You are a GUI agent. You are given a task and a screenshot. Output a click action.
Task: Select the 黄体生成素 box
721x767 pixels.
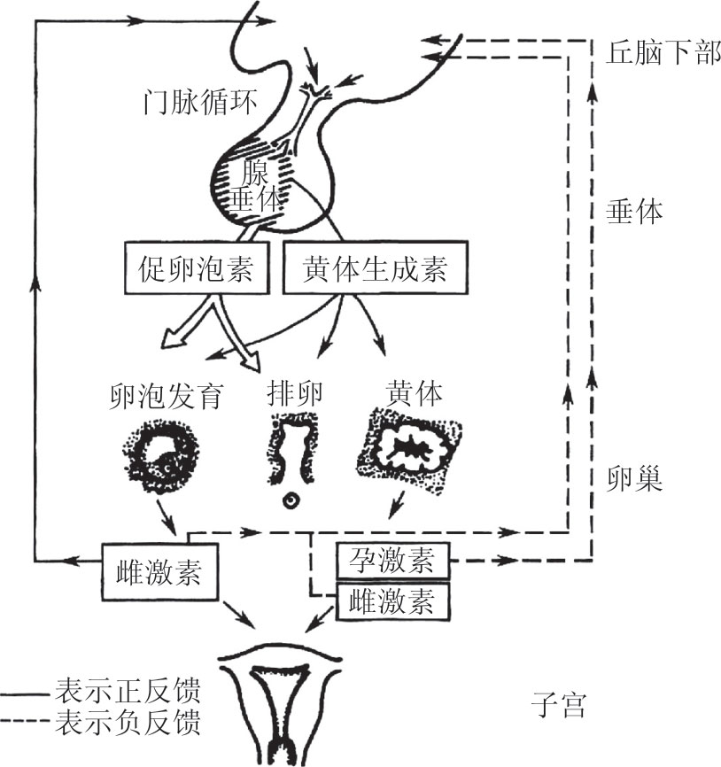(x=374, y=269)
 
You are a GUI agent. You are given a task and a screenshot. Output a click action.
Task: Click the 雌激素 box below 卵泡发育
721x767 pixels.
(x=159, y=573)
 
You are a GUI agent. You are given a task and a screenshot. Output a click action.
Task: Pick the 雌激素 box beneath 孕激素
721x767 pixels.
(x=393, y=601)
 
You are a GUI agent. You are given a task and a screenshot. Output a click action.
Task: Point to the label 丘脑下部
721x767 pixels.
(x=663, y=54)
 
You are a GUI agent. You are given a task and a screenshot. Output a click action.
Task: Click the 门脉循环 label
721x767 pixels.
(x=201, y=104)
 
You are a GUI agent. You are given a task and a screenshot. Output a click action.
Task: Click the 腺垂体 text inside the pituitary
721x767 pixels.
(x=258, y=187)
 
